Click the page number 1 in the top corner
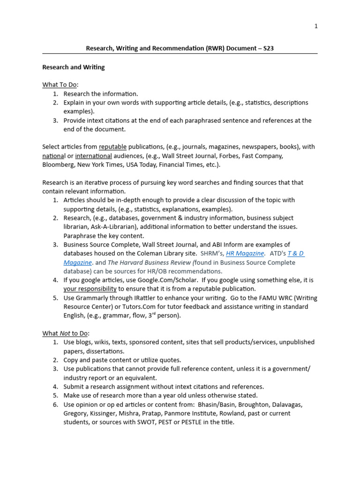coord(316,26)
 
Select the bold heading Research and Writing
coord(74,67)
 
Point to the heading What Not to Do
coord(65,333)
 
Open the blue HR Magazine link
coord(245,253)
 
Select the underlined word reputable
coord(112,147)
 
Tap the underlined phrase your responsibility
coord(90,289)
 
